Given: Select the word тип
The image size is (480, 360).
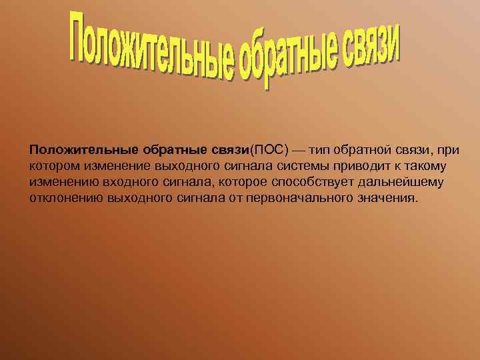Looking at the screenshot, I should coord(319,148).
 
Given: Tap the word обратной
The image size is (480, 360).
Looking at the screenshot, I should coord(365,148).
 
